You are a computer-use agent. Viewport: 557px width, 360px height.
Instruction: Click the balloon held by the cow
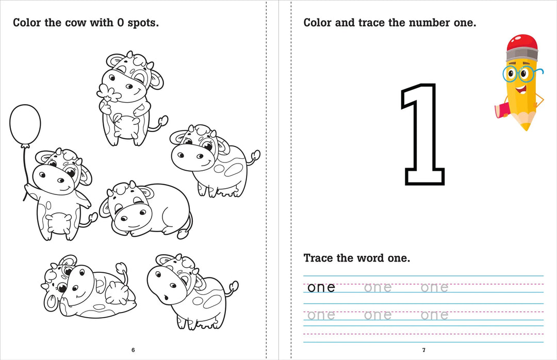[x=25, y=125]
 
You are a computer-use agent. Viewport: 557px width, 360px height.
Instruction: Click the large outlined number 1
[x=423, y=134]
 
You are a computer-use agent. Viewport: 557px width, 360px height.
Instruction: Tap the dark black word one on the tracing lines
[x=321, y=287]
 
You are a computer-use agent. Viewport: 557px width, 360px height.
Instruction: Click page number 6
[x=133, y=350]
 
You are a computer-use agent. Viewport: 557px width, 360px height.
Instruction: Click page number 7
[x=424, y=350]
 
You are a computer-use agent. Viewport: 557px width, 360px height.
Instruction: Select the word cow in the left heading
[x=77, y=23]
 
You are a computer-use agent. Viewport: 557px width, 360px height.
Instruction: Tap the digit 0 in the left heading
[x=113, y=23]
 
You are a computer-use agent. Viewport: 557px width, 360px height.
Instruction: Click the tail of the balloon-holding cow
[x=92, y=219]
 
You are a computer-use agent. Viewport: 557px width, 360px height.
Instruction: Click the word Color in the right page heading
[x=317, y=23]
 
